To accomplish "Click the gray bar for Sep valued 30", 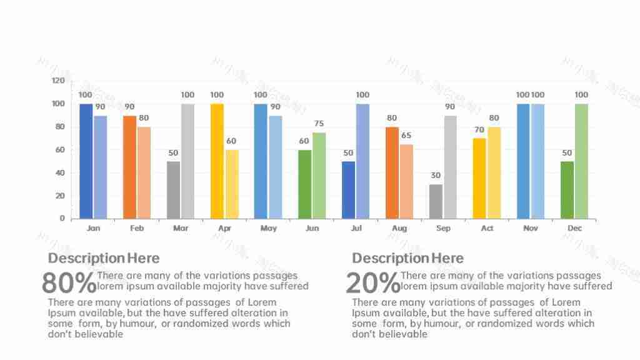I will pyautogui.click(x=436, y=201).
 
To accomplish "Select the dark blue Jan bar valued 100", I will pyautogui.click(x=86, y=161).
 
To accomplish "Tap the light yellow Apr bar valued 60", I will pyautogui.click(x=231, y=184).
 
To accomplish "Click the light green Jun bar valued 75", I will pyautogui.click(x=319, y=176).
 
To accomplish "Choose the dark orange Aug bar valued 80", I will pyautogui.click(x=392, y=172).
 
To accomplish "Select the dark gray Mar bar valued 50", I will pyautogui.click(x=173, y=190).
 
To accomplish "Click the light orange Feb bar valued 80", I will pyautogui.click(x=144, y=172).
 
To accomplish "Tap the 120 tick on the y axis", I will pyautogui.click(x=58, y=81).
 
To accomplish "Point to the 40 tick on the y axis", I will pyautogui.click(x=61, y=173).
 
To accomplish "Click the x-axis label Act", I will pyautogui.click(x=487, y=229).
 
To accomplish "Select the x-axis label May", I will pyautogui.click(x=268, y=229).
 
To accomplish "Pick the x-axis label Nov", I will pyautogui.click(x=531, y=229).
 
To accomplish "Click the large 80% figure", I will pyautogui.click(x=69, y=283).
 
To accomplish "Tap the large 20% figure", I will pyautogui.click(x=372, y=283).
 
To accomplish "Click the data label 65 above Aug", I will pyautogui.click(x=406, y=136).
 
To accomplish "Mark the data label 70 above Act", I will pyautogui.click(x=479, y=130).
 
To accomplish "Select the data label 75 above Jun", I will pyautogui.click(x=319, y=124).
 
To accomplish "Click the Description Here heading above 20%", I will pyautogui.click(x=407, y=258).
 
